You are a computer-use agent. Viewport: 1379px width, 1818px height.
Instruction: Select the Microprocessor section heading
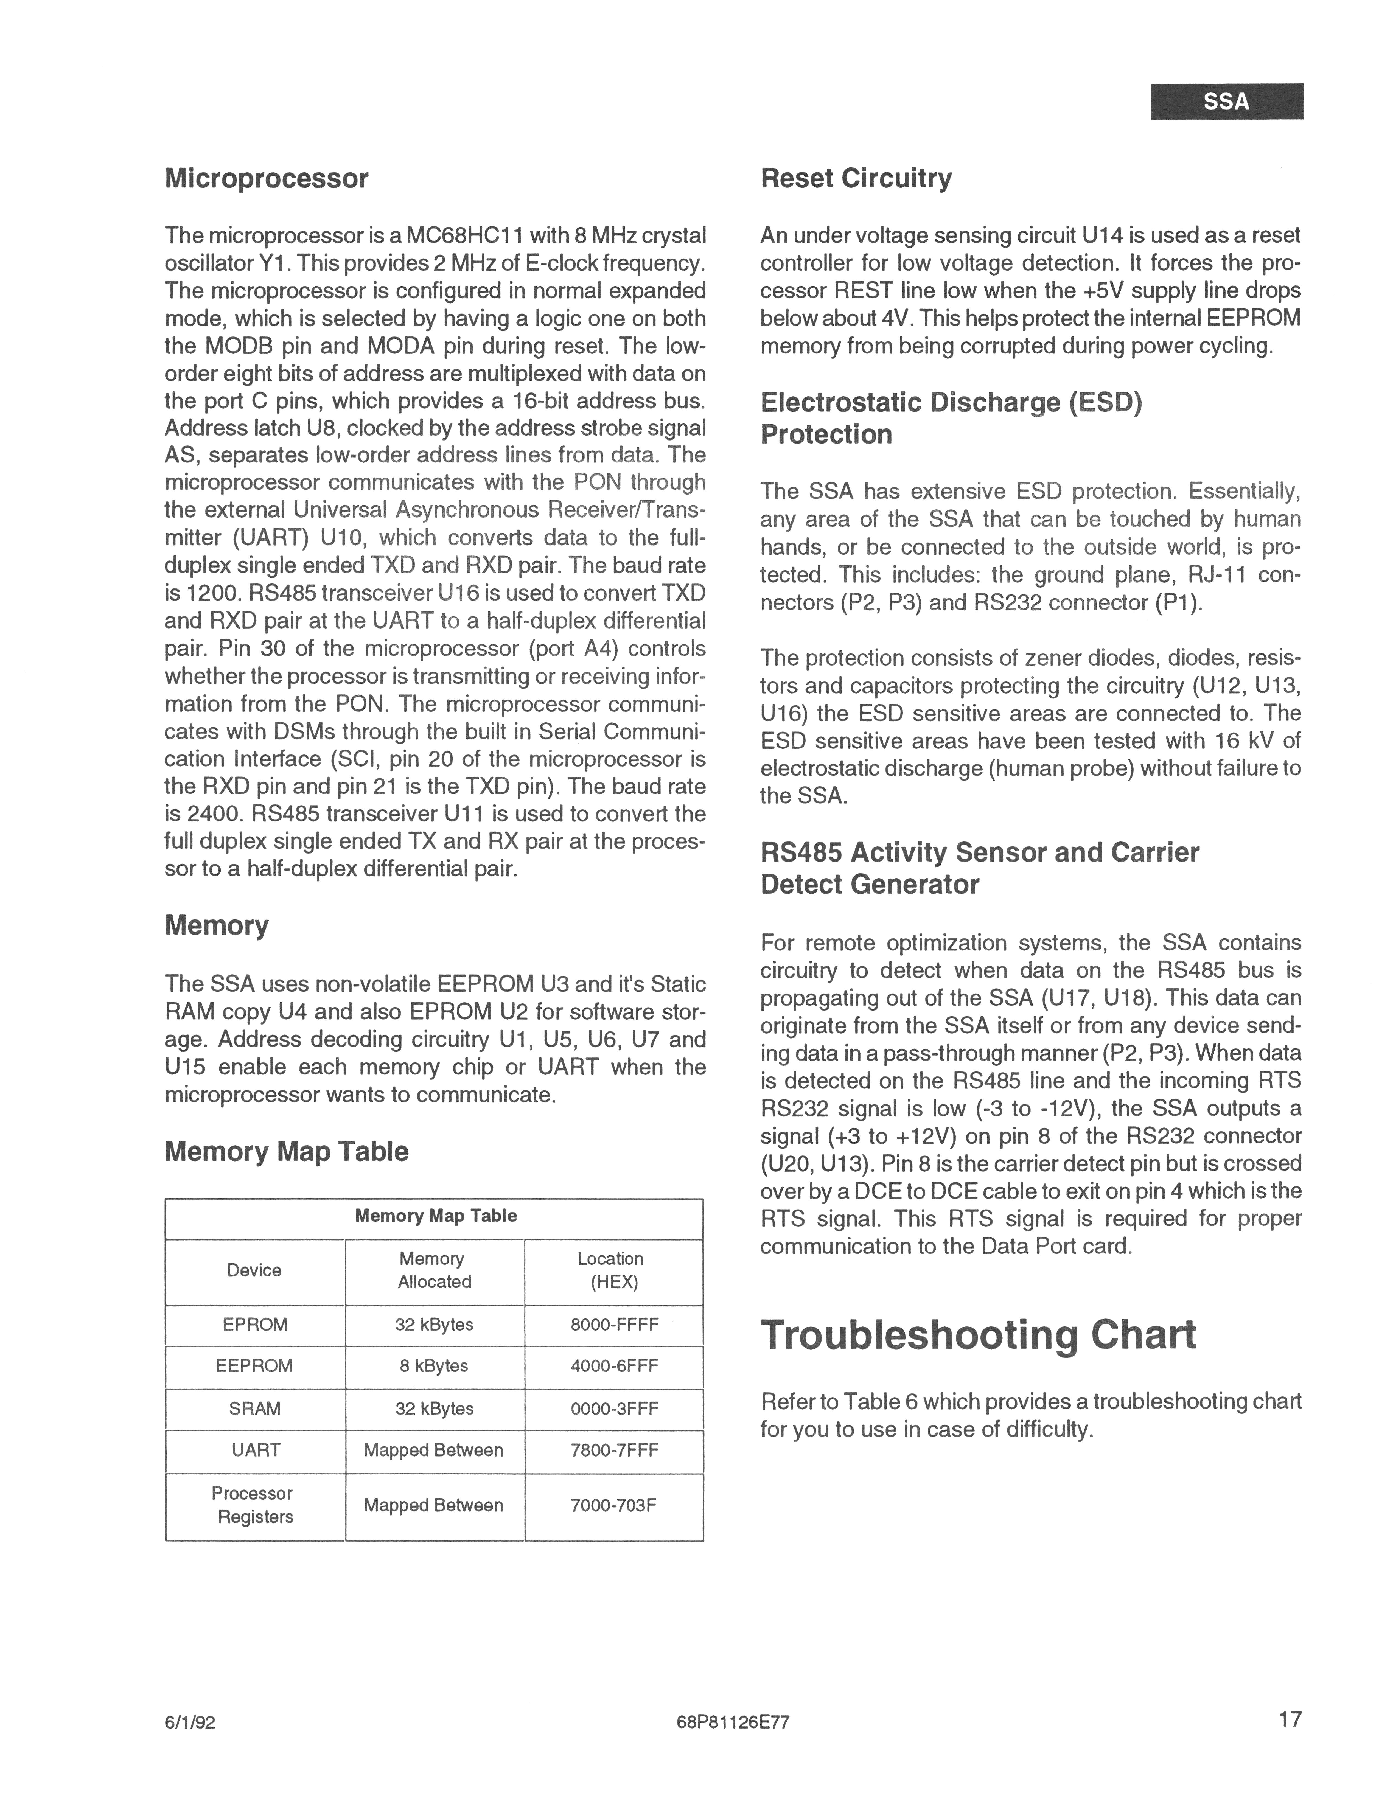[266, 178]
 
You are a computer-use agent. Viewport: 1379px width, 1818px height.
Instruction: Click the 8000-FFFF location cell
[614, 1325]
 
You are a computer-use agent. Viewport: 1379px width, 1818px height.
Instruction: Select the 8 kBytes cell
[434, 1366]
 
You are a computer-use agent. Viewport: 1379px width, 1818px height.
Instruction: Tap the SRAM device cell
[255, 1409]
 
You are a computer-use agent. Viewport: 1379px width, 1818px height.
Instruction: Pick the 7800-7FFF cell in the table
[614, 1451]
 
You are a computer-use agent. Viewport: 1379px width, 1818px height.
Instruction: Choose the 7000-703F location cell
[614, 1506]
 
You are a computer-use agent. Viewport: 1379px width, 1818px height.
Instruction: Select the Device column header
[255, 1271]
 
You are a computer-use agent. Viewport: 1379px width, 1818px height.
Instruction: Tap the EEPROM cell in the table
[255, 1366]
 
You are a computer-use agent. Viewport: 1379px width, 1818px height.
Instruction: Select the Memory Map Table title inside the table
[436, 1216]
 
